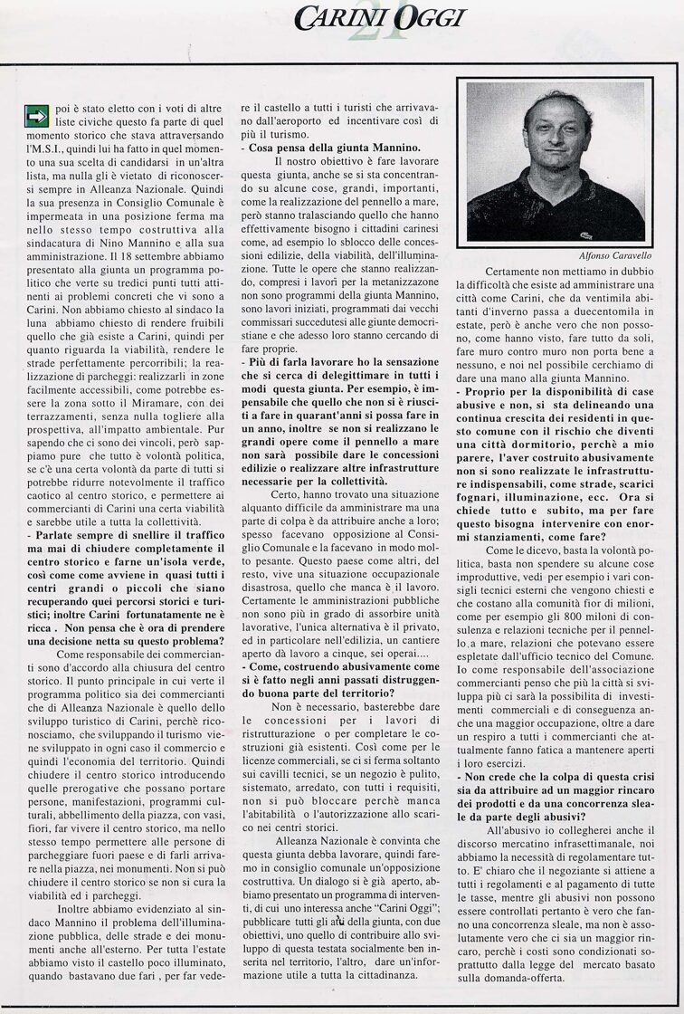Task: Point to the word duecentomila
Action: pos(601,307)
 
